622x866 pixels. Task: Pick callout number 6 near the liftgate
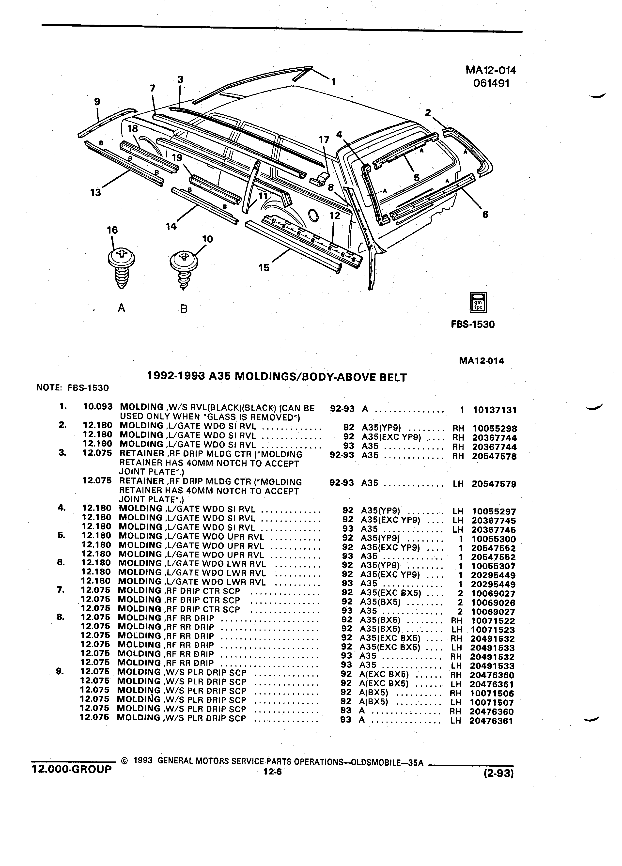click(485, 215)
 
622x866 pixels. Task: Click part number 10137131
click(495, 410)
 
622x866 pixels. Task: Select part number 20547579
click(494, 484)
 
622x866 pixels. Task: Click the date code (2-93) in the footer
click(498, 773)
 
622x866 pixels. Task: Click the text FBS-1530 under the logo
click(473, 325)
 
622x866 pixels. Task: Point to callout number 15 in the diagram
click(264, 268)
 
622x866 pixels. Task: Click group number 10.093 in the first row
click(98, 407)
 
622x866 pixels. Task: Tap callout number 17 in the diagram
click(324, 140)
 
